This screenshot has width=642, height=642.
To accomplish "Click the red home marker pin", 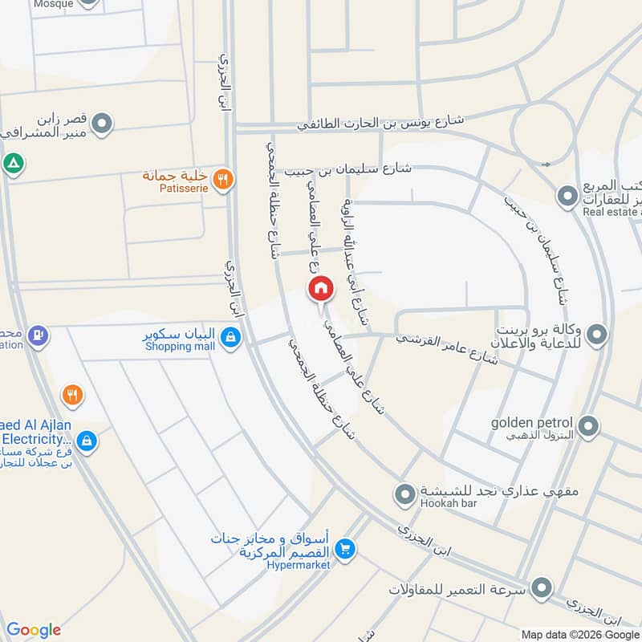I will pyautogui.click(x=320, y=288).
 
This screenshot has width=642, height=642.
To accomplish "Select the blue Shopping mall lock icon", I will pyautogui.click(x=231, y=338).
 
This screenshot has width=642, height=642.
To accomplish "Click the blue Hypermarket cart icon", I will pyautogui.click(x=346, y=550).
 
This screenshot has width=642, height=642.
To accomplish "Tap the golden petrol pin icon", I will pyautogui.click(x=589, y=426).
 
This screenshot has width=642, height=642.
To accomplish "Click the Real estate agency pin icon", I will pyautogui.click(x=567, y=194).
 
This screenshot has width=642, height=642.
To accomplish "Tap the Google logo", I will pyautogui.click(x=34, y=630).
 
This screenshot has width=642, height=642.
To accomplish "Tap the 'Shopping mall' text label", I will pyautogui.click(x=181, y=347).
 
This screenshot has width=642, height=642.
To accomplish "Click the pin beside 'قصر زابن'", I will pyautogui.click(x=102, y=124).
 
